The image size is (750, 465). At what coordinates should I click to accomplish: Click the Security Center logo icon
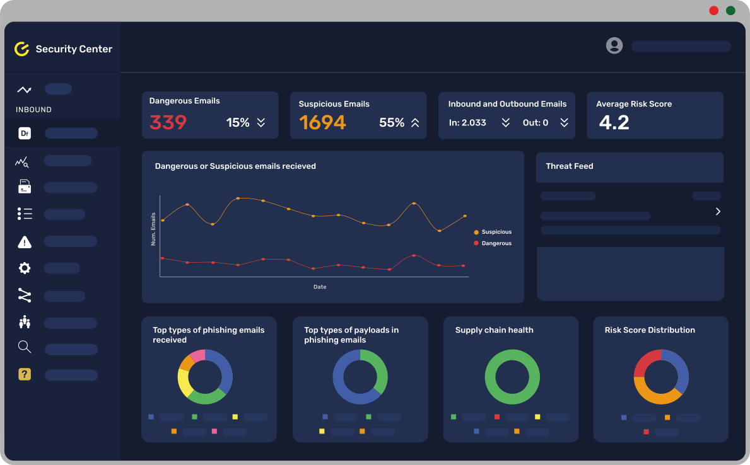(x=22, y=49)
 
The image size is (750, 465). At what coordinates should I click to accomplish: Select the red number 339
(x=168, y=122)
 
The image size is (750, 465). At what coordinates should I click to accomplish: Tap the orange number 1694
(x=322, y=122)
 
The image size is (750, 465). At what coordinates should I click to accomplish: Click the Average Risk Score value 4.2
(x=614, y=122)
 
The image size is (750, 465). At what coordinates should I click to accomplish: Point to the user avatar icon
(x=614, y=45)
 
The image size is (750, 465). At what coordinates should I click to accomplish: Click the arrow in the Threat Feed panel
(x=718, y=212)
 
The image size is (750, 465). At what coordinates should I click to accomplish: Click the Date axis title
(x=320, y=287)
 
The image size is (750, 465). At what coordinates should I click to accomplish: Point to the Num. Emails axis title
(x=153, y=229)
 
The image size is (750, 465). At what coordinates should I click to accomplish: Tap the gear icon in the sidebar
(x=25, y=268)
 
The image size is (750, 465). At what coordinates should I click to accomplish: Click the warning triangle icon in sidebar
(x=25, y=242)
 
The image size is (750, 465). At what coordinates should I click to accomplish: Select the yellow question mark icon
(x=25, y=374)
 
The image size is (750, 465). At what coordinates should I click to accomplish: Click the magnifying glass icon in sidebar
(x=25, y=347)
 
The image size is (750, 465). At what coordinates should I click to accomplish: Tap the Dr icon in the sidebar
(x=25, y=133)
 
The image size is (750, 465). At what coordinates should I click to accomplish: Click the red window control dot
(x=713, y=11)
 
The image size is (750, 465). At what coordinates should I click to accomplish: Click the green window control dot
(x=730, y=11)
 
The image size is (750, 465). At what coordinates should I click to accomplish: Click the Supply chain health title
(x=494, y=330)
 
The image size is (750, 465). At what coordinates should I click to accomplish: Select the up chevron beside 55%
(x=415, y=123)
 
